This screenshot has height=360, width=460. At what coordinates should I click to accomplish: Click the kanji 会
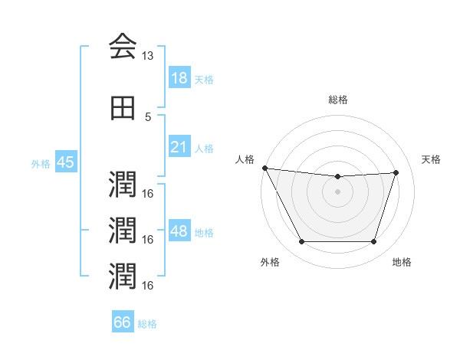pyautogui.click(x=123, y=47)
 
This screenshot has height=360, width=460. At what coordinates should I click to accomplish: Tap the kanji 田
pyautogui.click(x=123, y=110)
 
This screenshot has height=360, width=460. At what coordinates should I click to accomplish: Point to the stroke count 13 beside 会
pyautogui.click(x=148, y=56)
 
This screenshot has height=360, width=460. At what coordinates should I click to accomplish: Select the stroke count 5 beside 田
pyautogui.click(x=148, y=116)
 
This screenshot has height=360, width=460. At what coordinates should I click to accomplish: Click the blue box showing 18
pyautogui.click(x=179, y=77)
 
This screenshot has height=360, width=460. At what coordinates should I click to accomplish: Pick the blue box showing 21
pyautogui.click(x=179, y=147)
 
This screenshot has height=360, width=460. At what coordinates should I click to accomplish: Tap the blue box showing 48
pyautogui.click(x=179, y=231)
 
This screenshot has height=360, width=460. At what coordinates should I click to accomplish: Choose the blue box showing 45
pyautogui.click(x=65, y=162)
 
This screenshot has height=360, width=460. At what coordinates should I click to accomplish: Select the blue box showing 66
pyautogui.click(x=123, y=322)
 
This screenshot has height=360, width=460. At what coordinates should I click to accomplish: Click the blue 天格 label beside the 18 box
pyautogui.click(x=204, y=79)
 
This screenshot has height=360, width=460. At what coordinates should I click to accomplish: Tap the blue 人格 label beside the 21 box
pyautogui.click(x=204, y=149)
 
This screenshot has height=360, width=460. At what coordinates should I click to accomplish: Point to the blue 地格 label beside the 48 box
pyautogui.click(x=204, y=233)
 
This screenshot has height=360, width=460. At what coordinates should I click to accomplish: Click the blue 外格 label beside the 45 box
pyautogui.click(x=41, y=164)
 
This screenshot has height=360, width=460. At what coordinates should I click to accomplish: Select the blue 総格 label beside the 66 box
pyautogui.click(x=147, y=324)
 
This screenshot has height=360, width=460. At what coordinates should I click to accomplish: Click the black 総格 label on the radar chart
pyautogui.click(x=337, y=100)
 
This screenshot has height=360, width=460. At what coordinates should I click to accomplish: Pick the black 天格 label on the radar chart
pyautogui.click(x=432, y=159)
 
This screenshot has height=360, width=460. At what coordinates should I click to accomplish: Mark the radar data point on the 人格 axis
pyautogui.click(x=265, y=168)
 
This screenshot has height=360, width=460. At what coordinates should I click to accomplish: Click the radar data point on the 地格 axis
pyautogui.click(x=374, y=242)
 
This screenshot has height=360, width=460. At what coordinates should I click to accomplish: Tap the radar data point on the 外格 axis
pyautogui.click(x=301, y=242)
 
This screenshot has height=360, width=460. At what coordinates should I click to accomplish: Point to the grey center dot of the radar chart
pyautogui.click(x=337, y=191)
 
